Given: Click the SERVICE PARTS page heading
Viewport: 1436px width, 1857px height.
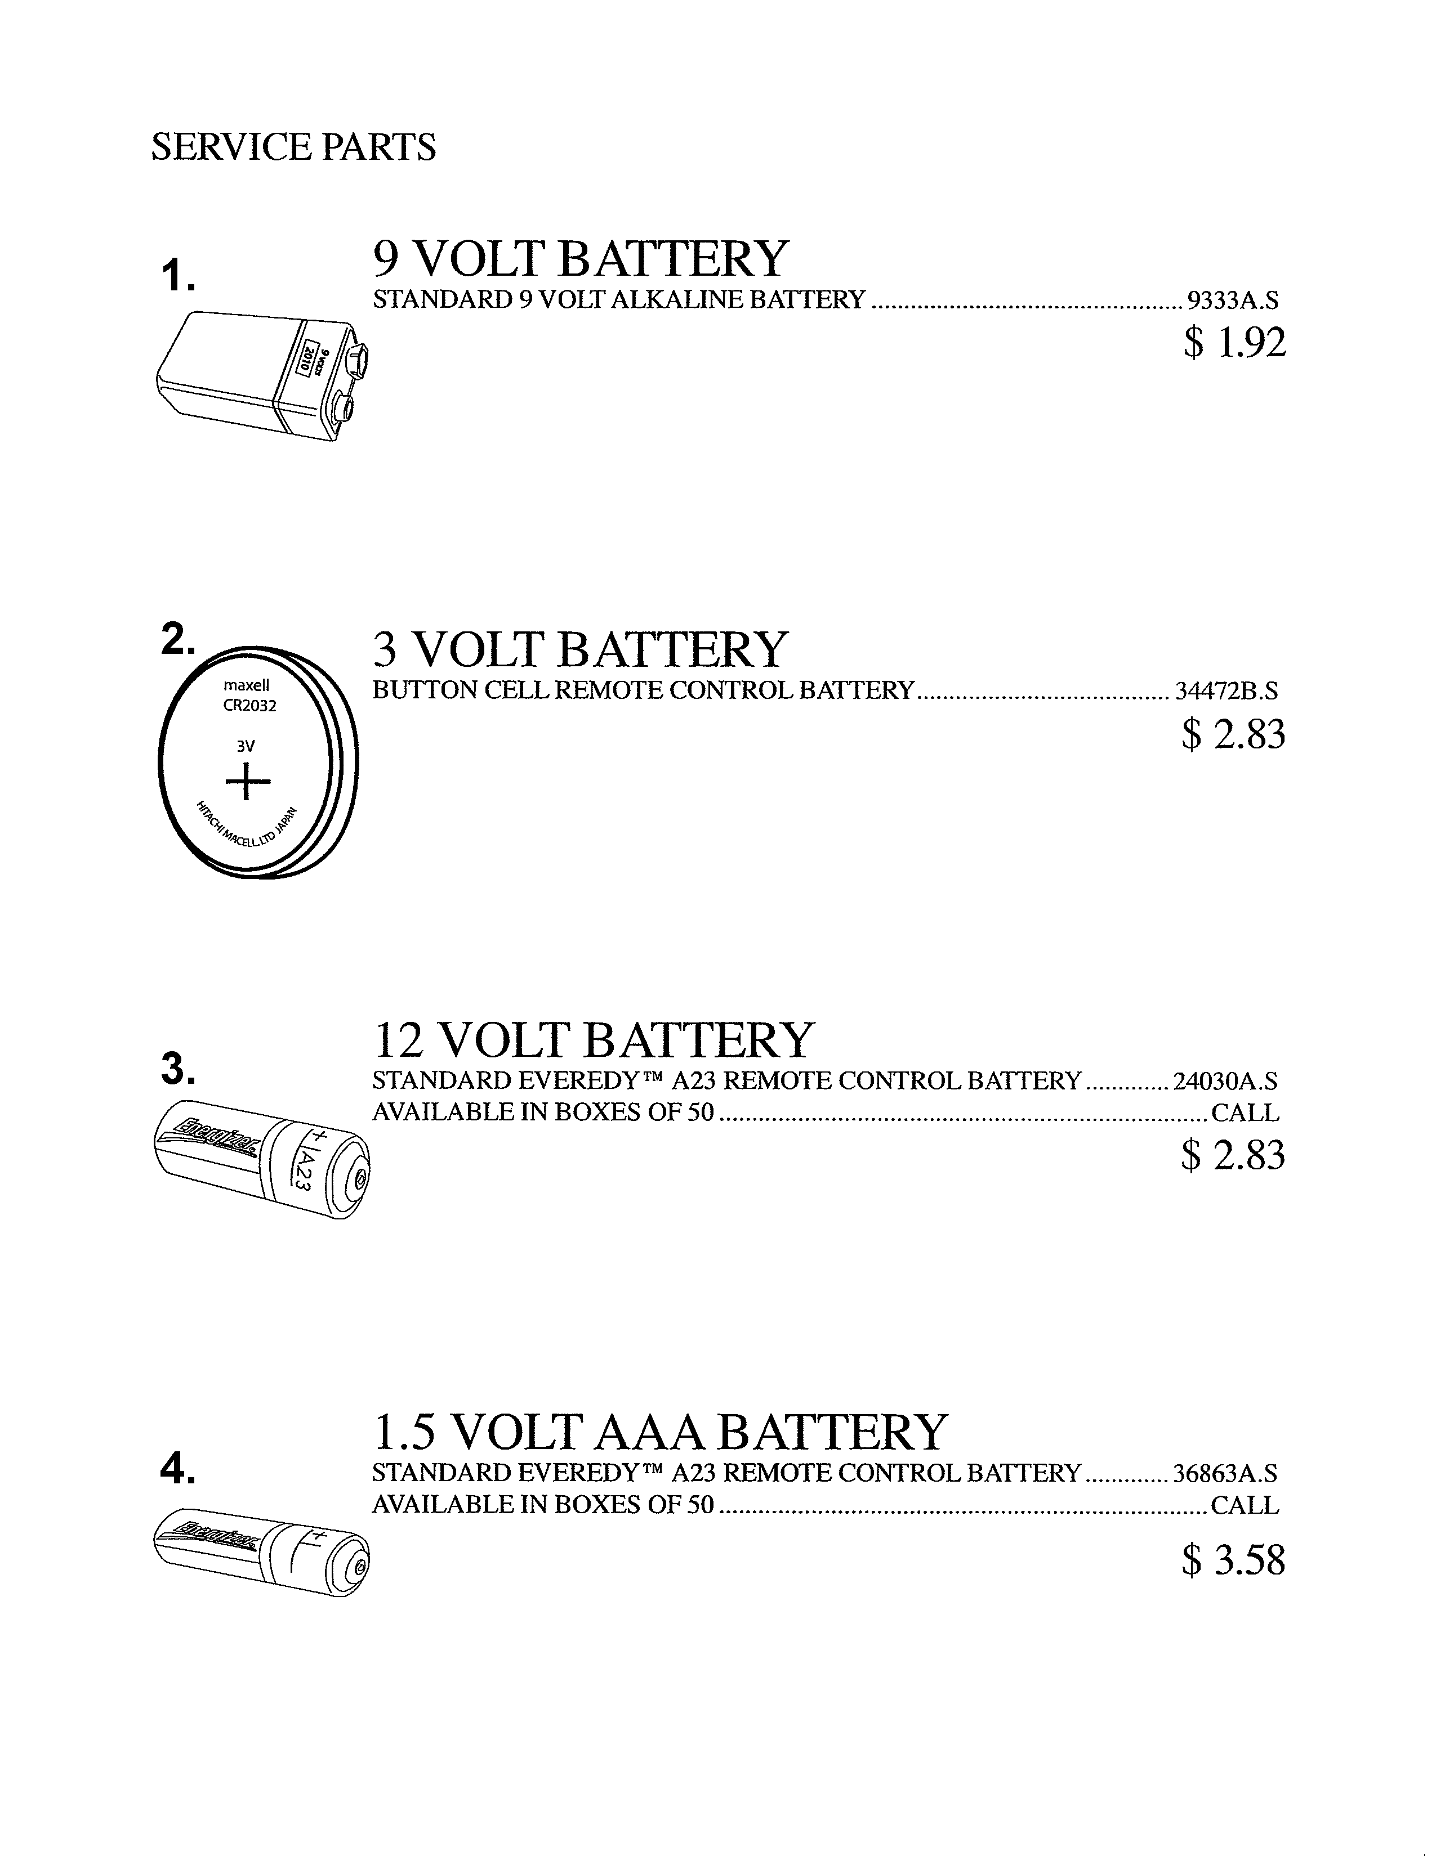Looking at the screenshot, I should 293,146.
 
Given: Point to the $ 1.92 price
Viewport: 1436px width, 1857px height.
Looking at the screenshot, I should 1234,343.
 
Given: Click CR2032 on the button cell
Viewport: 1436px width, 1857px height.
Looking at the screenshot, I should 249,705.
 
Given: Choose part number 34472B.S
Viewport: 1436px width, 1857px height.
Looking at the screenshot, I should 1226,691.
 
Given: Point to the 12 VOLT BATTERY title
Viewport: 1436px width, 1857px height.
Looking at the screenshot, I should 594,1039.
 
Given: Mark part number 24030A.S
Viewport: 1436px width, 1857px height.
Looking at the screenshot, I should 1225,1082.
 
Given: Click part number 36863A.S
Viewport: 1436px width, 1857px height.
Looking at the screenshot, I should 1225,1474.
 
